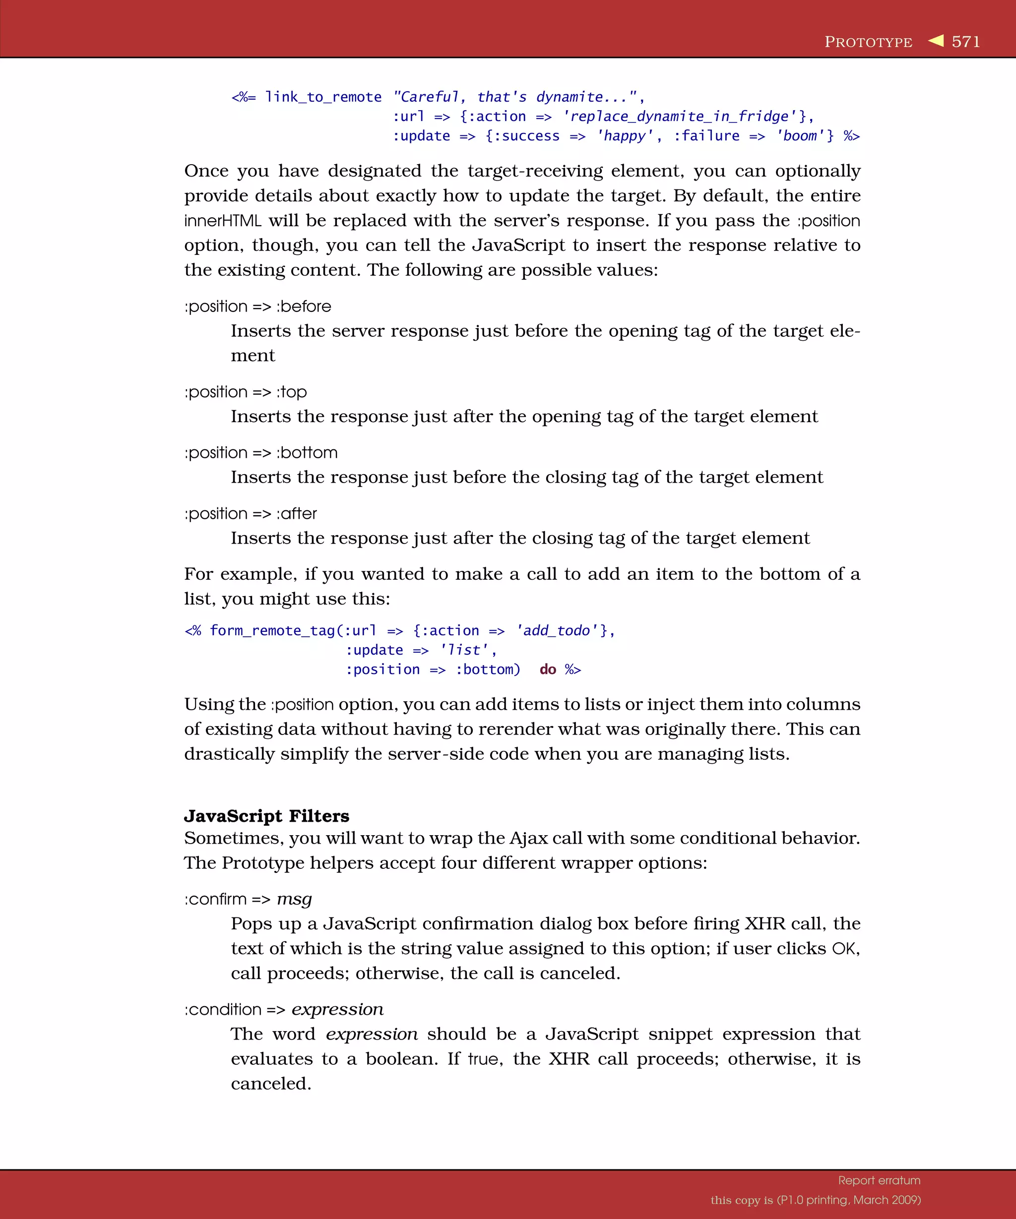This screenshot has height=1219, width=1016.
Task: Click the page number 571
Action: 965,42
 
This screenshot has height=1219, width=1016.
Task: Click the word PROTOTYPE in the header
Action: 868,42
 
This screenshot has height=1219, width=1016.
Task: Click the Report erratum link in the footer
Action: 879,1180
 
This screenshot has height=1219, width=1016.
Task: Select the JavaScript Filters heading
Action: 266,816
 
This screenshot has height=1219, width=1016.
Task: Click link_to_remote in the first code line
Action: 323,97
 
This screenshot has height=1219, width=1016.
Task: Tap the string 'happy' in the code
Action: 625,136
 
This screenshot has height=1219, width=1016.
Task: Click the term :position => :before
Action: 258,306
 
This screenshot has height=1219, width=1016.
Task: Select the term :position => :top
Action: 246,392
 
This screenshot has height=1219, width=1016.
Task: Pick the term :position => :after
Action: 251,514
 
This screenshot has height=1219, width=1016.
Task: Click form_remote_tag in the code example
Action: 272,631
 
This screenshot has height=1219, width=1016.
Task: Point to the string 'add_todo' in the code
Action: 557,631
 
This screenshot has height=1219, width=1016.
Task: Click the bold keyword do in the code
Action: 548,670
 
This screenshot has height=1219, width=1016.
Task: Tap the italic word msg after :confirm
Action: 294,899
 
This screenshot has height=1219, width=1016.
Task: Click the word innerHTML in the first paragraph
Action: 222,221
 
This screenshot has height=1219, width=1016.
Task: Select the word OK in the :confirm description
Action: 843,949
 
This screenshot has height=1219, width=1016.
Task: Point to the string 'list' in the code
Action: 464,650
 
